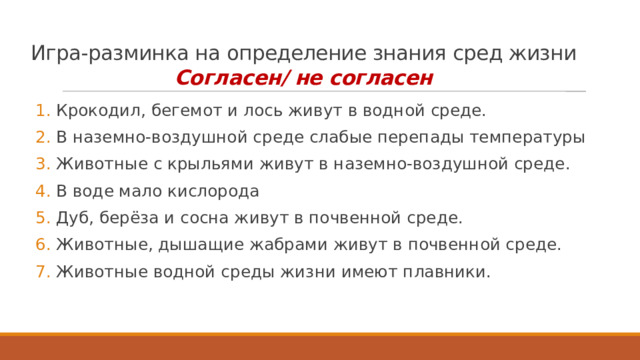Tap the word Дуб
pos(73,218)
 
